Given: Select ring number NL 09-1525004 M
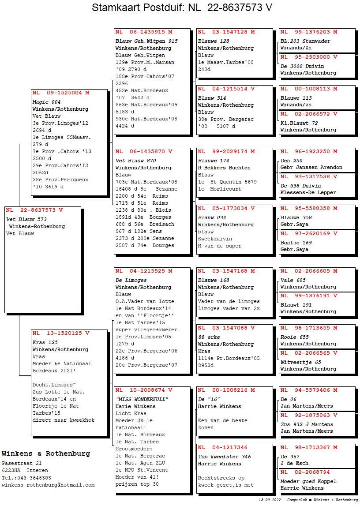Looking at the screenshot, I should click(x=61, y=93).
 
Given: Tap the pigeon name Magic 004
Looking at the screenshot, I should click(x=46, y=102).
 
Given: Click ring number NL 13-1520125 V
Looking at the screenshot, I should click(x=61, y=333).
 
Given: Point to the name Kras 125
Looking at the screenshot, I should click(x=45, y=342).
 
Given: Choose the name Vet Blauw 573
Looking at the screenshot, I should click(x=26, y=219).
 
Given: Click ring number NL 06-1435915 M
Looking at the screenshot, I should click(x=144, y=32).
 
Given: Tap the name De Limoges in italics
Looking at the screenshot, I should click(x=131, y=280).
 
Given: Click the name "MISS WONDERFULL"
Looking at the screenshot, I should click(x=142, y=399).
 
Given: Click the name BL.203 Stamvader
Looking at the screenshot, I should click(x=305, y=41).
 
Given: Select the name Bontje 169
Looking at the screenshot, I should click(x=296, y=243).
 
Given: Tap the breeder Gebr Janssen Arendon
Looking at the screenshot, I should click(x=311, y=168).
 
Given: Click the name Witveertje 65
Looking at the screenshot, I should click(x=301, y=362).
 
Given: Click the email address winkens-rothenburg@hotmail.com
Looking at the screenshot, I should click(x=48, y=485).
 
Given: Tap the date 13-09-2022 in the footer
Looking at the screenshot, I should click(x=270, y=500).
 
